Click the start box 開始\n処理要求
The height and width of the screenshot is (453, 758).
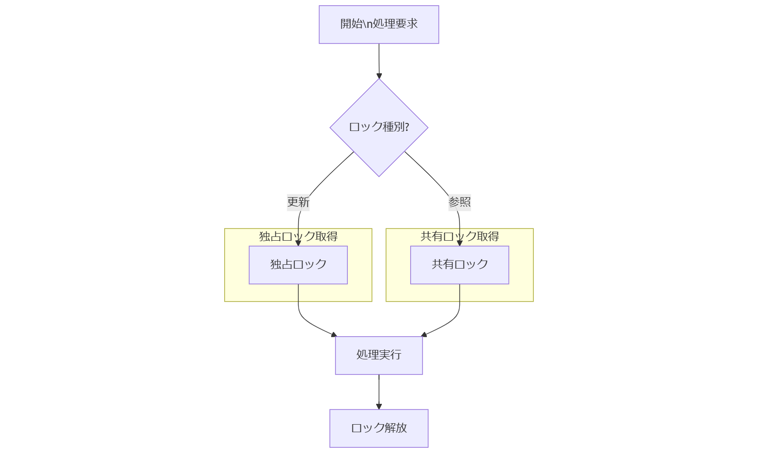click(379, 25)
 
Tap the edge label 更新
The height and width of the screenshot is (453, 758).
click(298, 202)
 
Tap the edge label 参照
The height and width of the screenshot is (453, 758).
click(459, 202)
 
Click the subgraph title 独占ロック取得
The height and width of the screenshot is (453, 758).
click(298, 236)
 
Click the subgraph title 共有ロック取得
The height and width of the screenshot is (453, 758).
click(459, 236)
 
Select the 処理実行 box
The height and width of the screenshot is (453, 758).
click(379, 355)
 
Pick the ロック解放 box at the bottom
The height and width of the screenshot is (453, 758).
click(379, 428)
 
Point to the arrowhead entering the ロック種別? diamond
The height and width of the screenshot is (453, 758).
click(379, 76)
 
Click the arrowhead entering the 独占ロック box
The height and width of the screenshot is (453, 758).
click(298, 243)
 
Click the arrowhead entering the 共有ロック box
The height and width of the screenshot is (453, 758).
click(459, 243)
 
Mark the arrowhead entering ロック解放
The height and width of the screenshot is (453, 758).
click(379, 406)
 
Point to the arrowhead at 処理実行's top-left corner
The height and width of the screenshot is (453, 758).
click(334, 334)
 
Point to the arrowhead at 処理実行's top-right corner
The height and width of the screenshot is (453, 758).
click(424, 334)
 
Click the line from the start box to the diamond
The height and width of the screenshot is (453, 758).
click(379, 59)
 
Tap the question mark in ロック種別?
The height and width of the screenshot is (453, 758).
click(407, 127)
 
